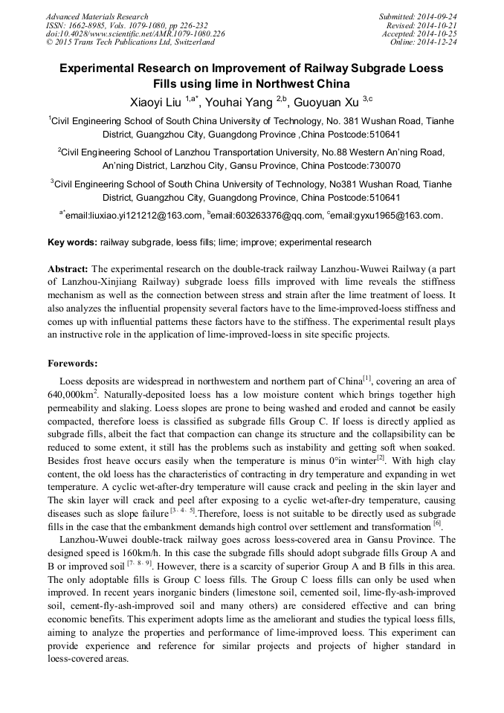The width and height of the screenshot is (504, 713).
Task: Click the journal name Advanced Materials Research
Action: tap(97, 16)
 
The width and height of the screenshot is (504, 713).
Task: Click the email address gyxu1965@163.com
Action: tap(387, 216)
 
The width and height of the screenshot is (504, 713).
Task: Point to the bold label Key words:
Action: tap(72, 242)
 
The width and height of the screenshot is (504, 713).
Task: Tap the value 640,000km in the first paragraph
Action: tap(71, 395)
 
